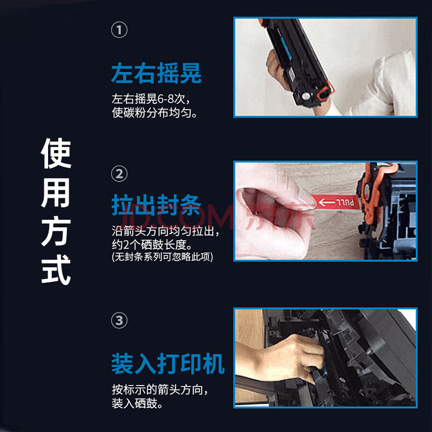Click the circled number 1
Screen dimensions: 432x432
pyautogui.click(x=119, y=30)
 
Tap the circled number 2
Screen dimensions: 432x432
pyautogui.click(x=119, y=174)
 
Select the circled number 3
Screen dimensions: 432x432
pyautogui.click(x=119, y=320)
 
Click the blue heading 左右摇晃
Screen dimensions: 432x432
pyautogui.click(x=156, y=73)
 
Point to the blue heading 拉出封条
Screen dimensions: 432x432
pyautogui.click(x=156, y=205)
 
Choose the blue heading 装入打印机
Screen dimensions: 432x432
pyautogui.click(x=168, y=363)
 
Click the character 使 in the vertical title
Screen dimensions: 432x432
pyautogui.click(x=56, y=153)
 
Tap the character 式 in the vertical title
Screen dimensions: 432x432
pyautogui.click(x=56, y=269)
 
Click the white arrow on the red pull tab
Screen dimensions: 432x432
pyautogui.click(x=327, y=202)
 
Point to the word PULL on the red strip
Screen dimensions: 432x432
pyautogui.click(x=345, y=203)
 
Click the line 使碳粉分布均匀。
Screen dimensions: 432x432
pyautogui.click(x=154, y=113)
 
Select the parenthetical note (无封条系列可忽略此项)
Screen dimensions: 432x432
pyautogui.click(x=163, y=257)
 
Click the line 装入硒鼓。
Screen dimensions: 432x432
pyautogui.click(x=137, y=403)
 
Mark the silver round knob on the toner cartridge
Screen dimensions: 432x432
pyautogui.click(x=306, y=96)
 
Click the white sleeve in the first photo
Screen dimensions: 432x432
pyautogui.click(x=386, y=88)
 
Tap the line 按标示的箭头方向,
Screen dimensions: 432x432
pyautogui.click(x=159, y=390)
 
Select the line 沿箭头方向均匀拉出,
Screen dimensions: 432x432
pyautogui.click(x=165, y=231)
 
